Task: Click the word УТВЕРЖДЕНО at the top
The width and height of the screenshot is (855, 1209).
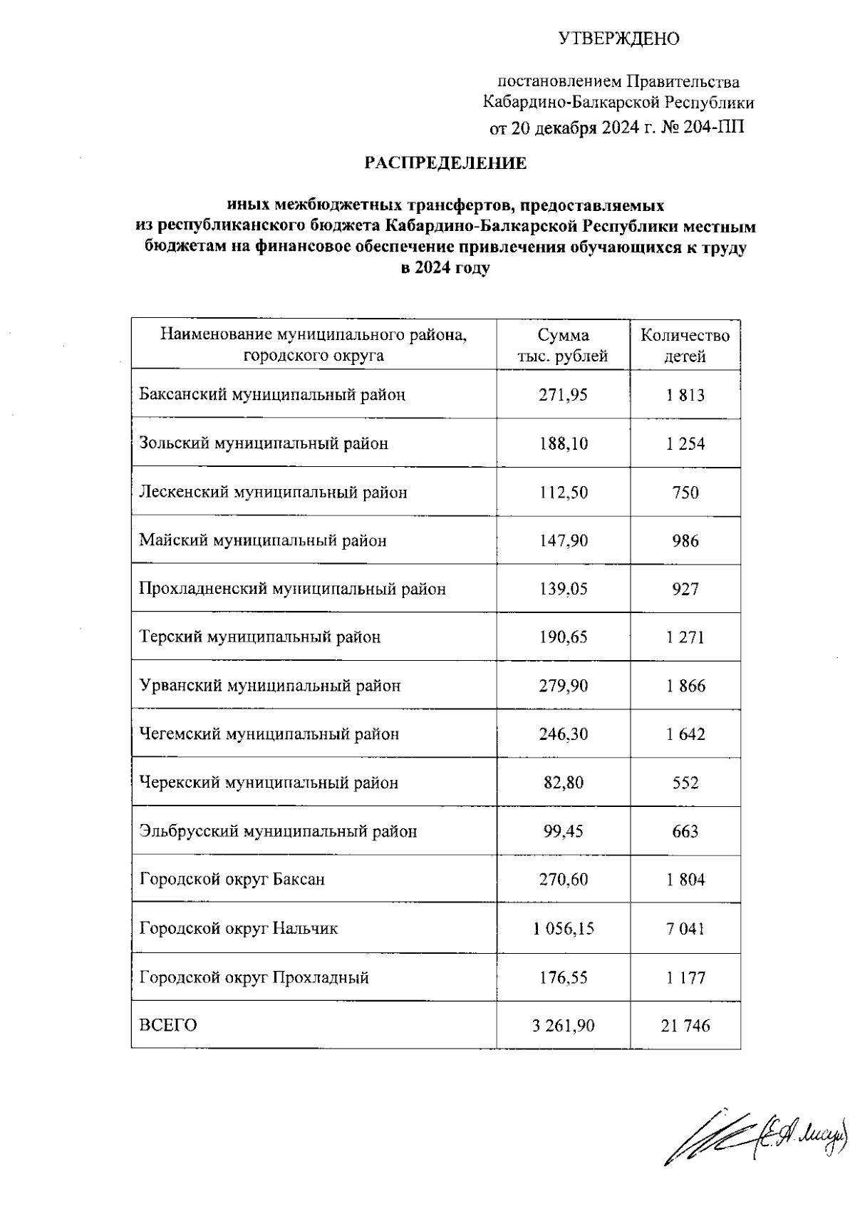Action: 618,38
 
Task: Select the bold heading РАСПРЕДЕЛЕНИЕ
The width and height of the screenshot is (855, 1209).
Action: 445,163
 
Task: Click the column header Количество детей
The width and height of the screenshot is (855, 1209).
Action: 685,346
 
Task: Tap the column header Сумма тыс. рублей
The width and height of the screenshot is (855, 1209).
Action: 563,346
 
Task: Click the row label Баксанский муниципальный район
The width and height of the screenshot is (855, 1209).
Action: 272,394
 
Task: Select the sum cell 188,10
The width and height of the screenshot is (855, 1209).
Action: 563,443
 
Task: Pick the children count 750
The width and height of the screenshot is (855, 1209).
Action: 685,493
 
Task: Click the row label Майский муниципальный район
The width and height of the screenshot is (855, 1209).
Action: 263,540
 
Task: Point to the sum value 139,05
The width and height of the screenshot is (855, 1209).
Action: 563,589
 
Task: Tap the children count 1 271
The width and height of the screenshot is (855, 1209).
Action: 685,637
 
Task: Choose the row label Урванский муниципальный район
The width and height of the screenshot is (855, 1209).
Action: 270,686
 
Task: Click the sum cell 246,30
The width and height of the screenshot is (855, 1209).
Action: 563,734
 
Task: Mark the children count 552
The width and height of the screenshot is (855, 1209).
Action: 685,783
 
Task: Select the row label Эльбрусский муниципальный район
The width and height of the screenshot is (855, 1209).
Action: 278,831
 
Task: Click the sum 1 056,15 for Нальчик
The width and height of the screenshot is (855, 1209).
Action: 563,928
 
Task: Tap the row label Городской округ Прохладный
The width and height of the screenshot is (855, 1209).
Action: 254,977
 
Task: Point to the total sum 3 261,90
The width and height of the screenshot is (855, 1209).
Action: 563,1026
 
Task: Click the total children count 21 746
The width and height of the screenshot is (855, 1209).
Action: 685,1026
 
